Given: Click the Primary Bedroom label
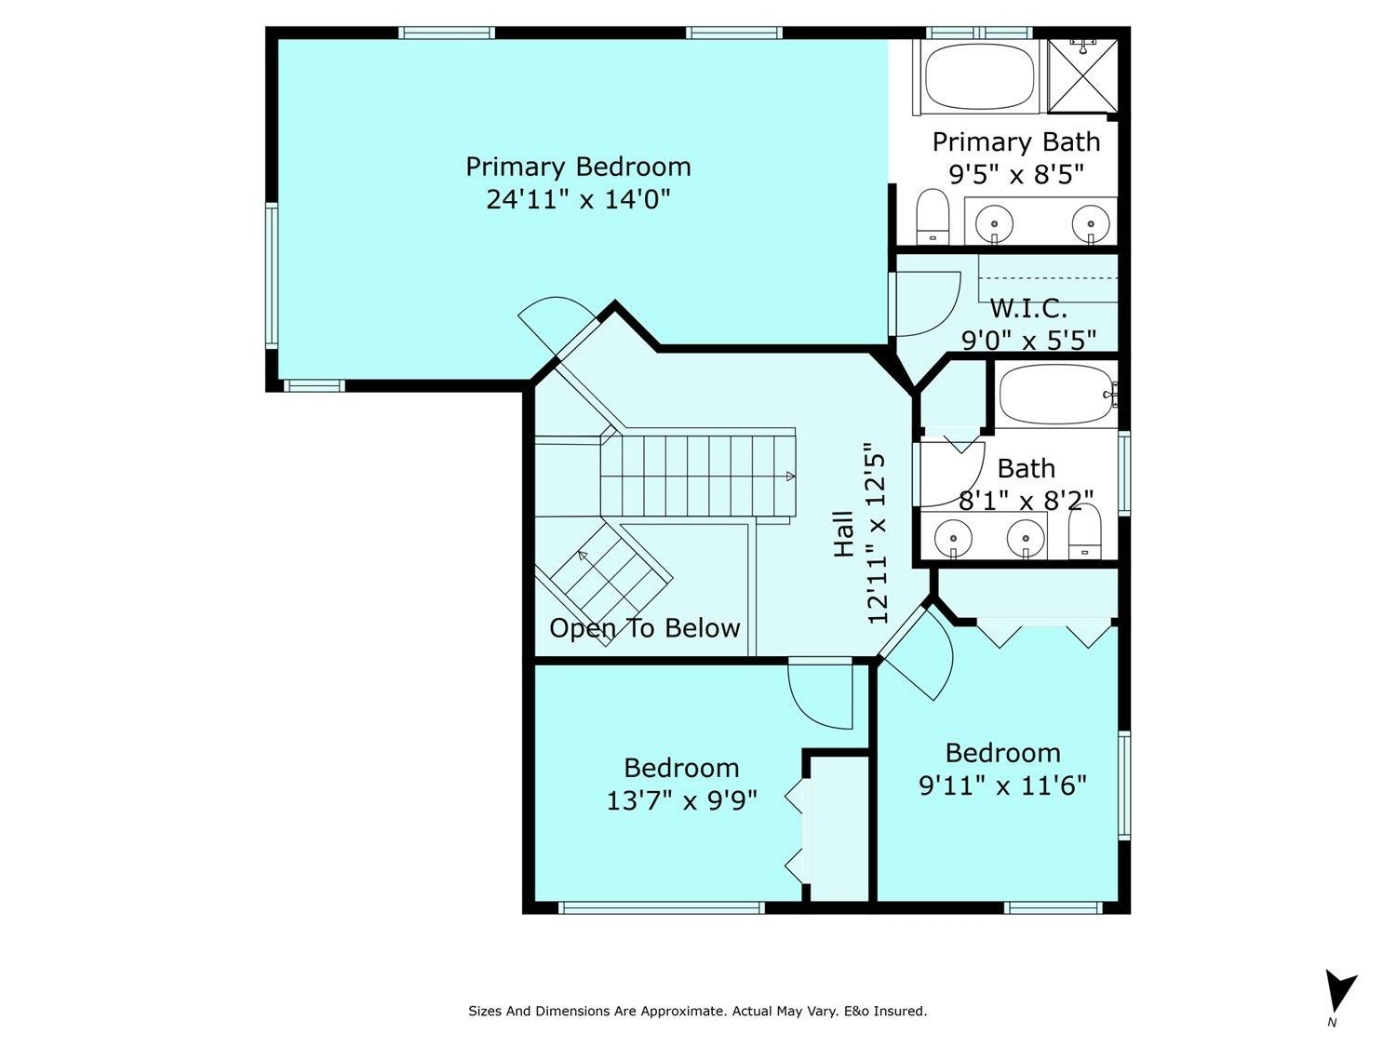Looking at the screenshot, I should [x=578, y=168].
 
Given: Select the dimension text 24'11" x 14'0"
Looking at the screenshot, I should [x=578, y=199].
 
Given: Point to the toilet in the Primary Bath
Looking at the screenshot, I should [x=932, y=216].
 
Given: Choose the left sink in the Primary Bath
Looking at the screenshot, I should [x=996, y=223].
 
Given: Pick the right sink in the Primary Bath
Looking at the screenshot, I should [x=1090, y=223].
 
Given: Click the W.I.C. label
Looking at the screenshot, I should [x=1027, y=308].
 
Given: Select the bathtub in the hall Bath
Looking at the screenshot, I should [x=1057, y=396].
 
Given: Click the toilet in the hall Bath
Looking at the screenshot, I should [x=1084, y=534].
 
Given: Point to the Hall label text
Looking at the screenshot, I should [x=844, y=533].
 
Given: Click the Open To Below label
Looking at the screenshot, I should [x=644, y=628].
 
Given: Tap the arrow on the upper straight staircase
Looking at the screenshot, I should [x=790, y=477].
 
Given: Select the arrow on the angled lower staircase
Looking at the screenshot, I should [x=584, y=557].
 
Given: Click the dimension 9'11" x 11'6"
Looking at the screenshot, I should [x=1002, y=786].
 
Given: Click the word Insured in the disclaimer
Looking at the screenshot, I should [x=899, y=1011].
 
